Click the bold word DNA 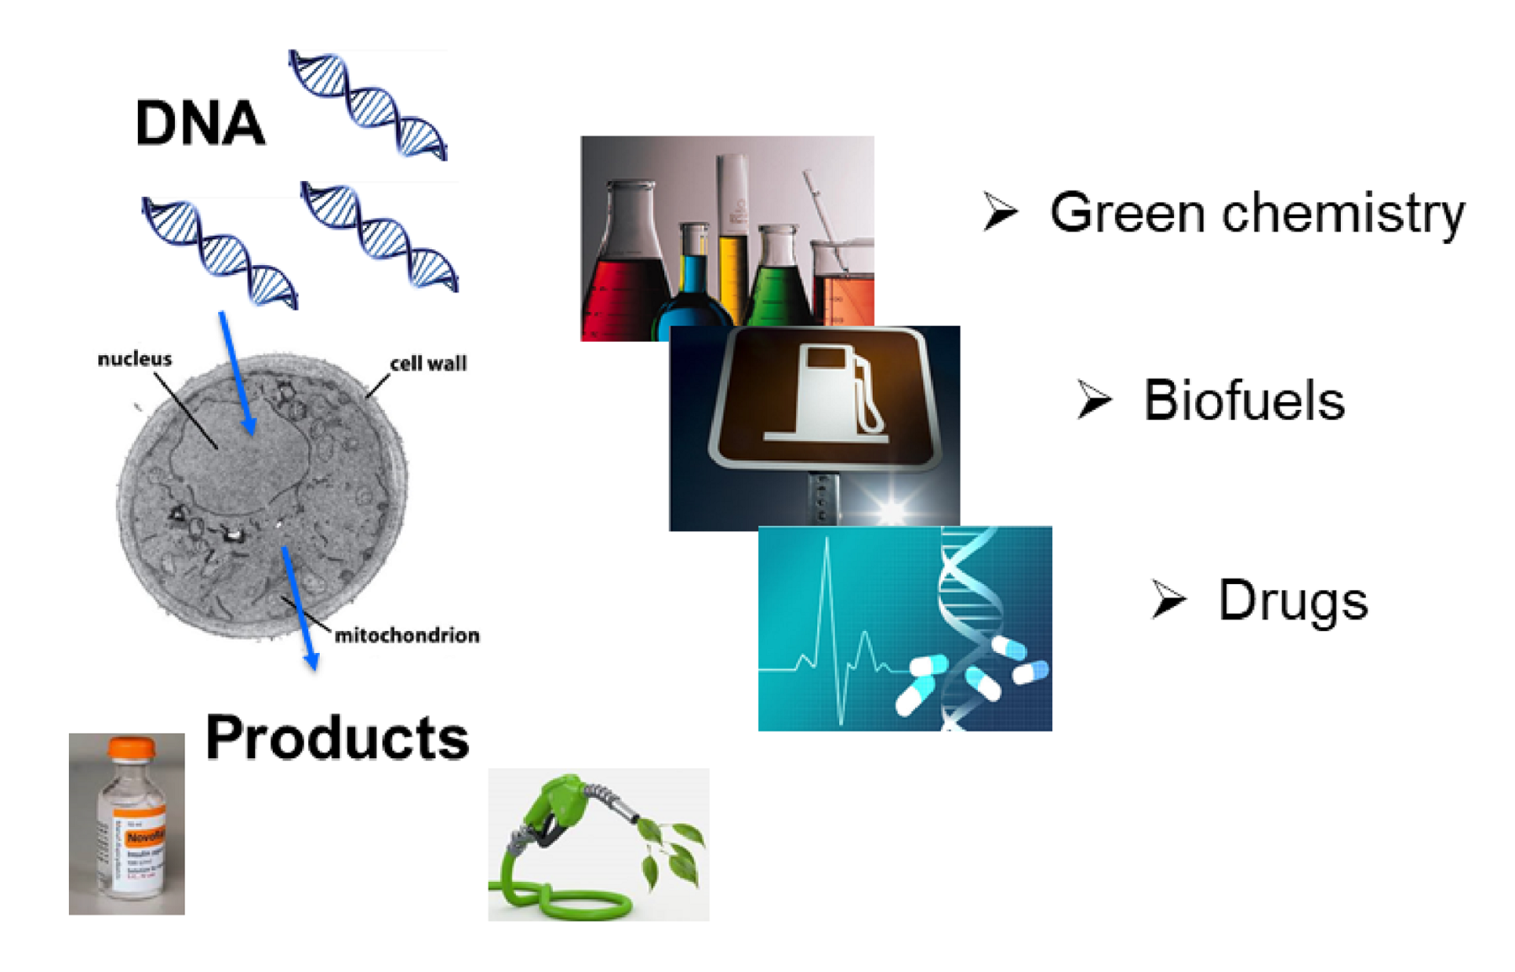(200, 124)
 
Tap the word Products (337, 738)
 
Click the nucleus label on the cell (135, 359)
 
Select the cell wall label (428, 364)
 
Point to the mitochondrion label (407, 635)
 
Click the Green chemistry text (1257, 214)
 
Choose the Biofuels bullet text (1243, 401)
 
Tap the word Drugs (1292, 602)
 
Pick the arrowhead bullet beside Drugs (1168, 600)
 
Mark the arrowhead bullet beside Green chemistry (1000, 210)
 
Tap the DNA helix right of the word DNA (369, 104)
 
